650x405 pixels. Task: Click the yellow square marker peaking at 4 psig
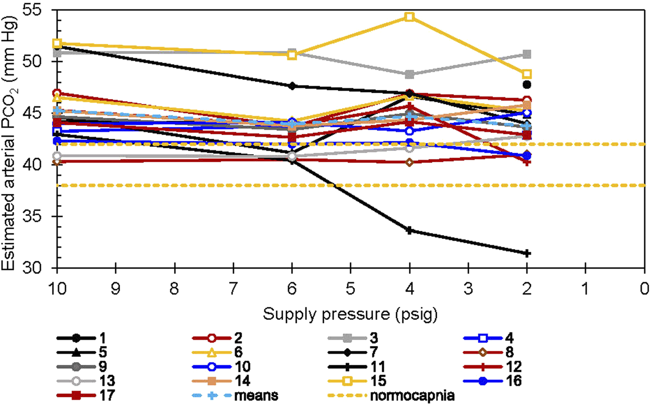click(409, 17)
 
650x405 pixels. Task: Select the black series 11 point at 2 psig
click(527, 254)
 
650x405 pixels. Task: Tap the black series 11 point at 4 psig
click(409, 231)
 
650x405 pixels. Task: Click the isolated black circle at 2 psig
click(527, 85)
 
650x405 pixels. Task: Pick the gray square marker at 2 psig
click(527, 55)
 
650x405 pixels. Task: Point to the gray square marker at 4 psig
click(409, 75)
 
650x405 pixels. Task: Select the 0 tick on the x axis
click(644, 288)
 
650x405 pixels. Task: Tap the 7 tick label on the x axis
click(233, 288)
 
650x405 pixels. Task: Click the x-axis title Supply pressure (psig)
click(350, 314)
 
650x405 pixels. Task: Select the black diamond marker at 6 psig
click(292, 86)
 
